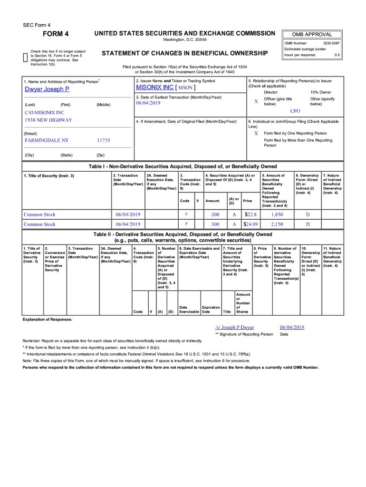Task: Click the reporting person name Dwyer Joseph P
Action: tap(47, 89)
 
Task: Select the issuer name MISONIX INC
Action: tap(154, 88)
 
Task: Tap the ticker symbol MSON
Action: tap(185, 88)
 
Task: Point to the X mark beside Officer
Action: tap(256, 101)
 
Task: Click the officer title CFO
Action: tap(295, 111)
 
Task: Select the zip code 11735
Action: tap(103, 141)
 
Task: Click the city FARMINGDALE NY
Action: tap(47, 141)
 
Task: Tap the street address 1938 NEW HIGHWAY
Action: tap(48, 120)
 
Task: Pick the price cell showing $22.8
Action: tap(250, 214)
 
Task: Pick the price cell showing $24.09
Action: tap(250, 224)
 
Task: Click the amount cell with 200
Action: tap(215, 214)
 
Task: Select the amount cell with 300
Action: tap(215, 224)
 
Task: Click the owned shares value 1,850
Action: tap(277, 214)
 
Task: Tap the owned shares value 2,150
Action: tap(277, 224)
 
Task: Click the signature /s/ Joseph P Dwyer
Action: tap(235, 327)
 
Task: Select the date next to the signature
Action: tap(292, 327)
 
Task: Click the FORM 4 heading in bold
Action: tap(56, 34)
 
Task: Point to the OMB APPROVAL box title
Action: tap(312, 34)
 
